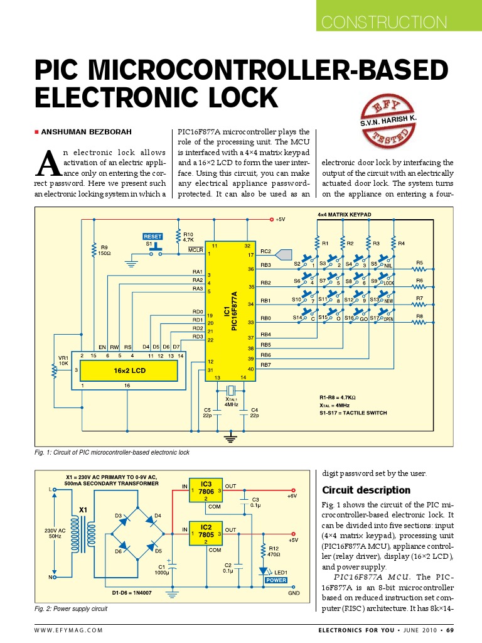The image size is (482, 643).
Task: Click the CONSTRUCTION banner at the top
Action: [383, 23]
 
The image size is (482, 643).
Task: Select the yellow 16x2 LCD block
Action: [131, 371]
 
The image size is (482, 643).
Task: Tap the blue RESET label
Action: [153, 236]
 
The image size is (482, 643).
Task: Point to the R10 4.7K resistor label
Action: [188, 237]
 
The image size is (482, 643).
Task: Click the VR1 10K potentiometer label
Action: [63, 360]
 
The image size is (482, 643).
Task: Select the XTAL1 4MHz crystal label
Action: [232, 401]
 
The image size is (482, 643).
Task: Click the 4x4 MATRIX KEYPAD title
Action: [345, 215]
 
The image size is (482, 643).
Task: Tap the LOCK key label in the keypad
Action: [388, 283]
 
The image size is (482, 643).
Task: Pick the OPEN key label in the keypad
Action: [388, 319]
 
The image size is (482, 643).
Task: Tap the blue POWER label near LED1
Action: [276, 580]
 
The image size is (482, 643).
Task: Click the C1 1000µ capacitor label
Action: [161, 569]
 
